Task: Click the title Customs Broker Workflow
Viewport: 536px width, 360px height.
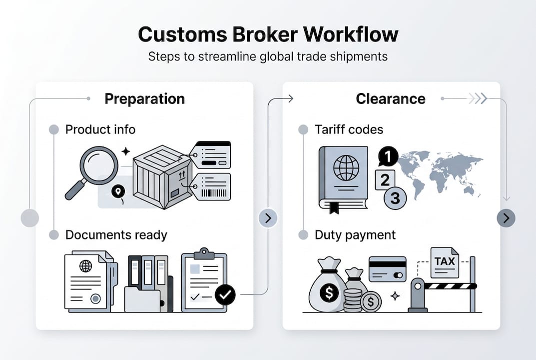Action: pos(268,34)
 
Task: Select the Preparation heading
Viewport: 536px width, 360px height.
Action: pos(144,99)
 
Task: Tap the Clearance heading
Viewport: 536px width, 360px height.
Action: pos(390,99)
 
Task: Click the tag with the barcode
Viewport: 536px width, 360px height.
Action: pos(212,186)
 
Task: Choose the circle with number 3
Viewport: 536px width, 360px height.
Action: pos(395,198)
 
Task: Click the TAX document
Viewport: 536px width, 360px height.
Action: pos(444,262)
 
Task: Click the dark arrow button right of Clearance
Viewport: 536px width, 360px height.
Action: pos(506,218)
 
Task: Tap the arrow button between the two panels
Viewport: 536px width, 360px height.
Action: pos(268,218)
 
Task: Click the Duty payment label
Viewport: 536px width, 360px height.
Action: pos(355,235)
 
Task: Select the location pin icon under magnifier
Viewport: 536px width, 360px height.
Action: pos(118,192)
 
